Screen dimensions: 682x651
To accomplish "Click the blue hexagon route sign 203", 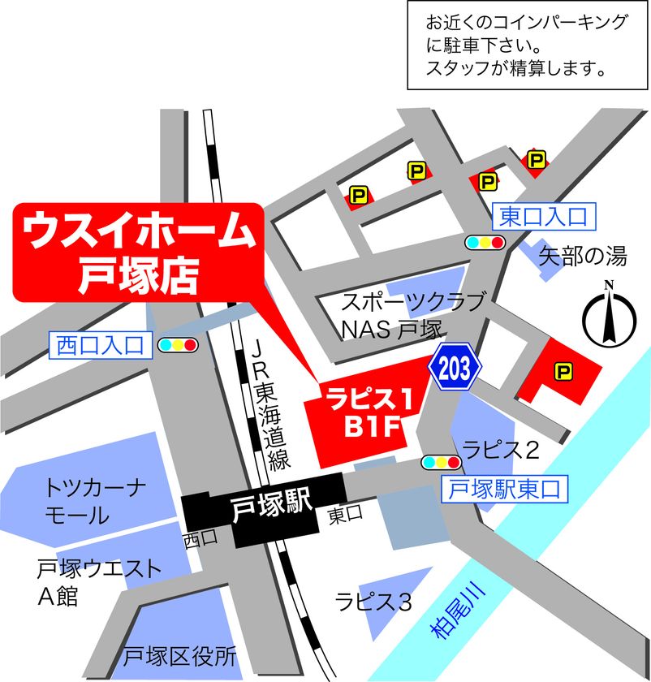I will click(x=455, y=367).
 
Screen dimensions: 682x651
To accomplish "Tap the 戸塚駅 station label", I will click(x=272, y=509).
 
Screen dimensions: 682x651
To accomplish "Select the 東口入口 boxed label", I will click(x=542, y=215).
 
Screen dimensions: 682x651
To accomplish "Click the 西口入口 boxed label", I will click(x=100, y=345).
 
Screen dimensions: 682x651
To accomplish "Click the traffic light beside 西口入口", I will click(x=179, y=345).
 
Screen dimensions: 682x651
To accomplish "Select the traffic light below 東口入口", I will click(x=485, y=242).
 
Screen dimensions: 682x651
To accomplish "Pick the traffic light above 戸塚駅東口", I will click(x=441, y=463).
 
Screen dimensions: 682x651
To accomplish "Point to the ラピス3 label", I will click(x=373, y=602).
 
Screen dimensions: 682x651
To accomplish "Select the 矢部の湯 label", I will click(x=583, y=257).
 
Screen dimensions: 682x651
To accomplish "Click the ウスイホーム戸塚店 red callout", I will click(x=138, y=252).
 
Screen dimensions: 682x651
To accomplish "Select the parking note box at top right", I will click(x=528, y=45).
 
